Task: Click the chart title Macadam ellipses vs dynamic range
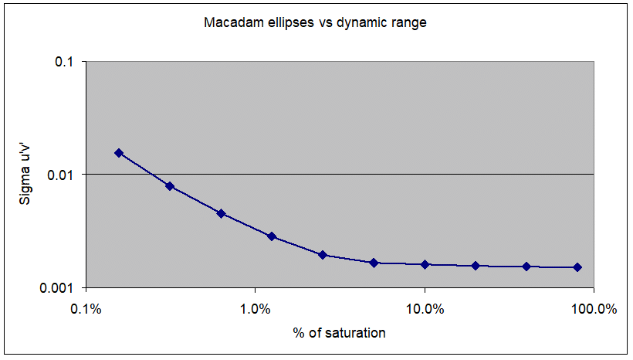[x=315, y=22]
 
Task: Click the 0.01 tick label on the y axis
[x=59, y=175]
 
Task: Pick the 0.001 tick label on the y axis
[x=56, y=287]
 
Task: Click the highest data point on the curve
[x=119, y=153]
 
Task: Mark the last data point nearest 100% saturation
[x=577, y=267]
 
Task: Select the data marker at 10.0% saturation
[x=425, y=264]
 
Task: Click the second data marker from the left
[x=170, y=186]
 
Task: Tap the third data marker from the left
[x=221, y=213]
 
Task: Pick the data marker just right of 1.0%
[x=272, y=236]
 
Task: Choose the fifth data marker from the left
[x=323, y=255]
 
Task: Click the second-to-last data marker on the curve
[x=526, y=267]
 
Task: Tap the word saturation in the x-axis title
[x=356, y=333]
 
